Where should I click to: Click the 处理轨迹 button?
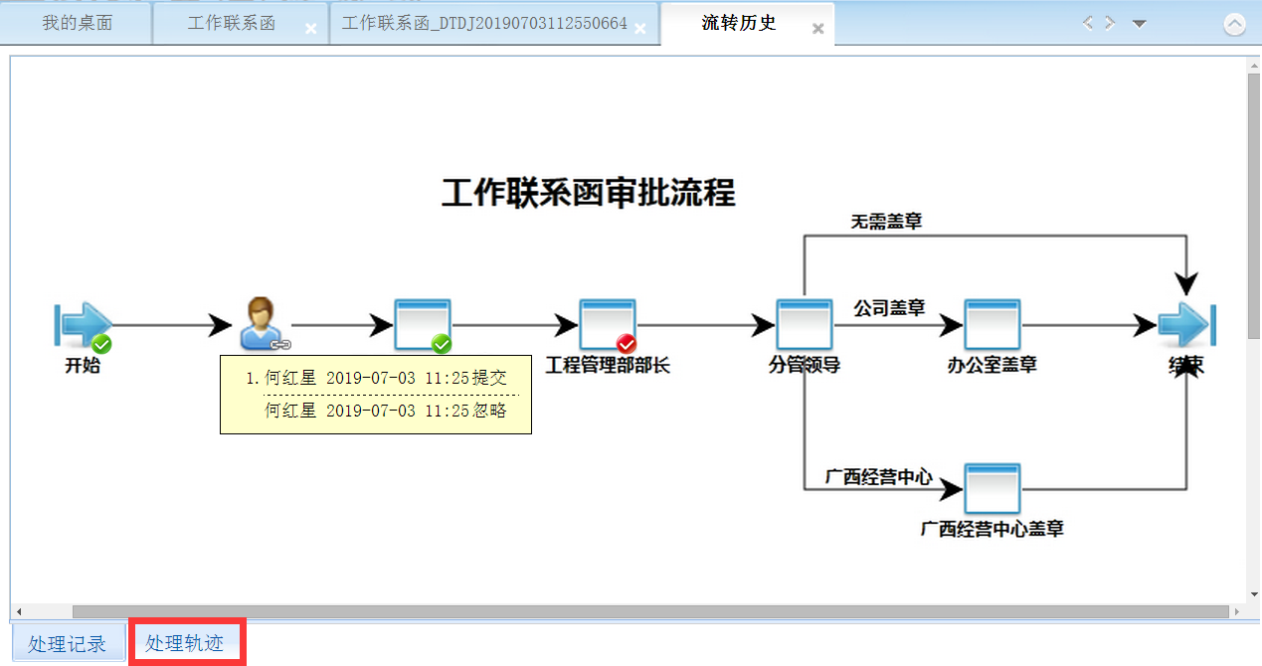185,643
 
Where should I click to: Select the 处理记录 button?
68,643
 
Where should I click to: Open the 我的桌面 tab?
77,23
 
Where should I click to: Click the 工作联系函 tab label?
231,23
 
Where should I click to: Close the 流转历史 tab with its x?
818,29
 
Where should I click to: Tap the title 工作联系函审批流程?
588,193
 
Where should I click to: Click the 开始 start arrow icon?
82,324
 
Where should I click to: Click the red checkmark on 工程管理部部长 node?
626,344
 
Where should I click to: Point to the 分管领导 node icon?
804,324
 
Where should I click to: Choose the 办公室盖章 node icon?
992,324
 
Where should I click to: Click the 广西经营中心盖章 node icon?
992,487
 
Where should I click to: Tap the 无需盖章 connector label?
886,221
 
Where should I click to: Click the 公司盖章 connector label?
889,308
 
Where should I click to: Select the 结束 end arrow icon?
1186,324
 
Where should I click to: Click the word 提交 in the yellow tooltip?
489,378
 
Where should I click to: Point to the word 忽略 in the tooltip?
489,410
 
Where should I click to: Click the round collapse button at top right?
1234,25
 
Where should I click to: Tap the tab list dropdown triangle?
1140,24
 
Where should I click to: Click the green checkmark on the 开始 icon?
101,344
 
